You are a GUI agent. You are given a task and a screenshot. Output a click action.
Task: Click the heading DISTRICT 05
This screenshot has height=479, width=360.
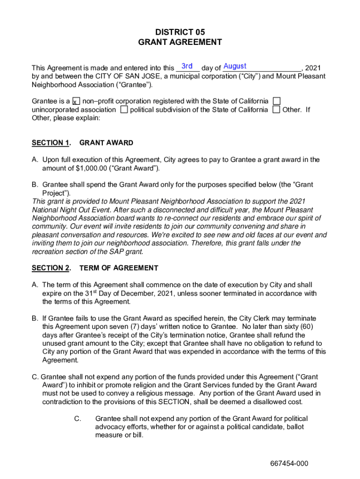pyautogui.click(x=180, y=32)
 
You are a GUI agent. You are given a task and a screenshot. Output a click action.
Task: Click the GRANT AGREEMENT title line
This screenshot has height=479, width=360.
pyautogui.click(x=180, y=42)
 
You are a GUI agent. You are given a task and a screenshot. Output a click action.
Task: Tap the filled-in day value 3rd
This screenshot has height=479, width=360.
pyautogui.click(x=187, y=66)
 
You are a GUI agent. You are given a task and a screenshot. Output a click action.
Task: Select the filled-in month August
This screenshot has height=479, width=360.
pyautogui.click(x=235, y=66)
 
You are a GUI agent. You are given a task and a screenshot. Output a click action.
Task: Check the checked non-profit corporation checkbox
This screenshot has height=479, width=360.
pyautogui.click(x=76, y=102)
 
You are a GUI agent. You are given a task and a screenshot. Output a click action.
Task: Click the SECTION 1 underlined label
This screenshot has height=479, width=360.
pyautogui.click(x=51, y=143)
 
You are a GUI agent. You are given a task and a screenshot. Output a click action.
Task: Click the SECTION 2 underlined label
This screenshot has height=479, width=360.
pyautogui.click(x=51, y=268)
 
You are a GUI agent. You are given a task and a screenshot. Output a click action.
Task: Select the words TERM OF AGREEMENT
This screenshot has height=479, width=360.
pyautogui.click(x=119, y=268)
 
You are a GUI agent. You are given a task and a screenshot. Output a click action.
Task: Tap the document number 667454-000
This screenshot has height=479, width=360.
pyautogui.click(x=289, y=464)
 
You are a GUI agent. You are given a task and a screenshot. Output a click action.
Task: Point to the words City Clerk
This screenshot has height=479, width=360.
pyautogui.click(x=253, y=318)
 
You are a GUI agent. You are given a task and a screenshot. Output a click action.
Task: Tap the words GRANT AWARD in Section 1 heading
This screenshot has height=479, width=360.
pyautogui.click(x=107, y=143)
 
